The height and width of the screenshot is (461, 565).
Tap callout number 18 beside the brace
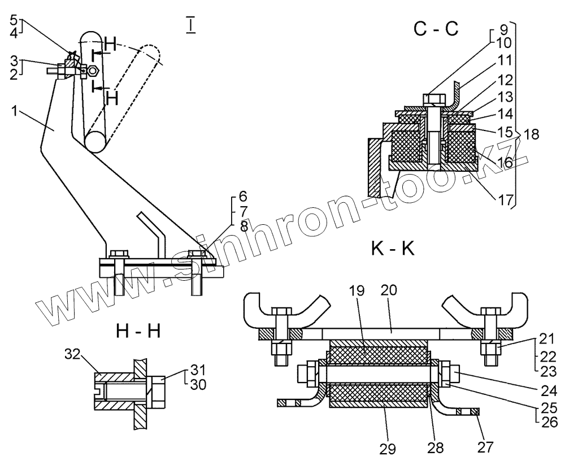531,135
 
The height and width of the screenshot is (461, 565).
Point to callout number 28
436,447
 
